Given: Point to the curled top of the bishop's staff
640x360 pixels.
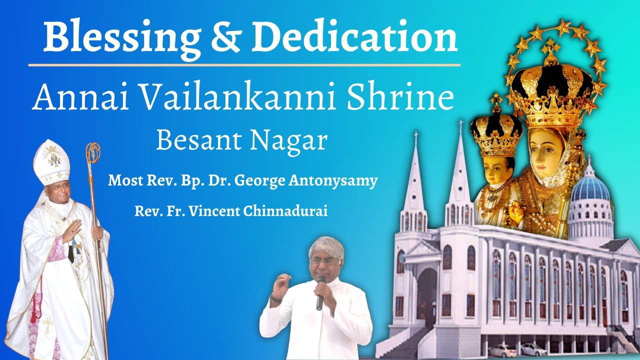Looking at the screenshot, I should point(92,153).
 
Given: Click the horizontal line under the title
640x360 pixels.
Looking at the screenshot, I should point(244,65).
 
